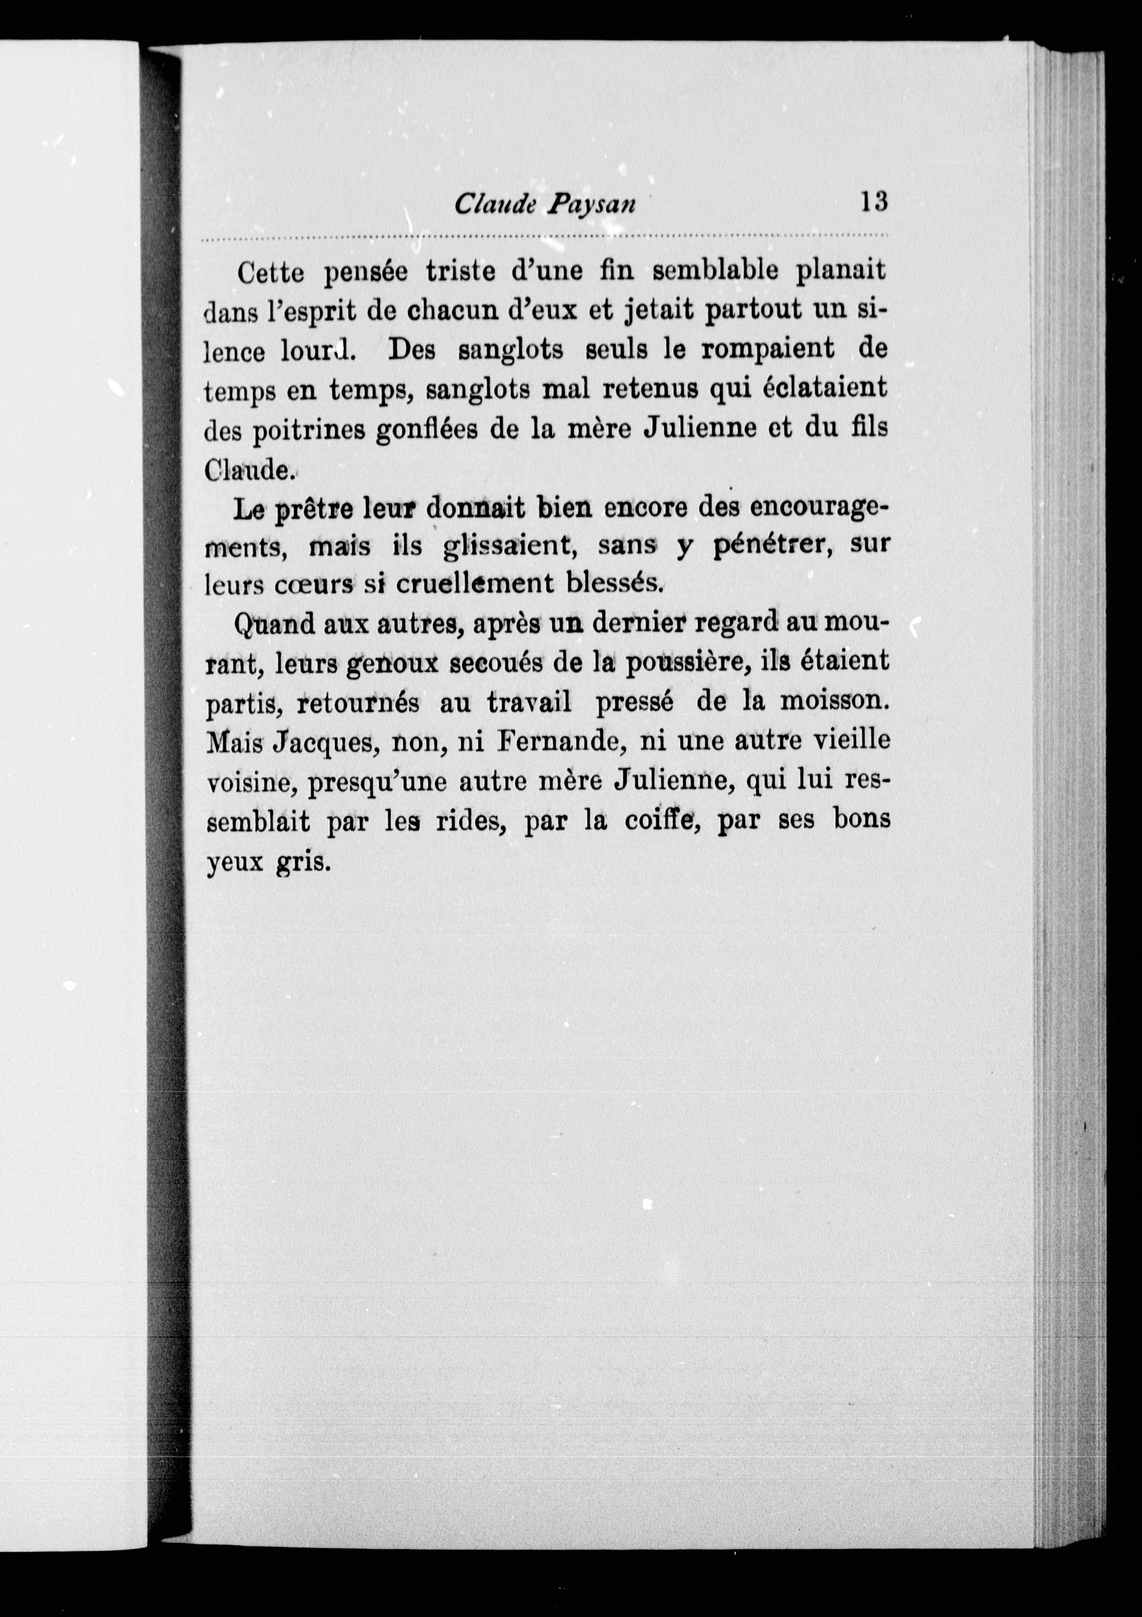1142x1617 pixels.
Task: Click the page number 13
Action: [x=873, y=202]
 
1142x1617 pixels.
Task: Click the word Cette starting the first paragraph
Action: [x=271, y=272]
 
